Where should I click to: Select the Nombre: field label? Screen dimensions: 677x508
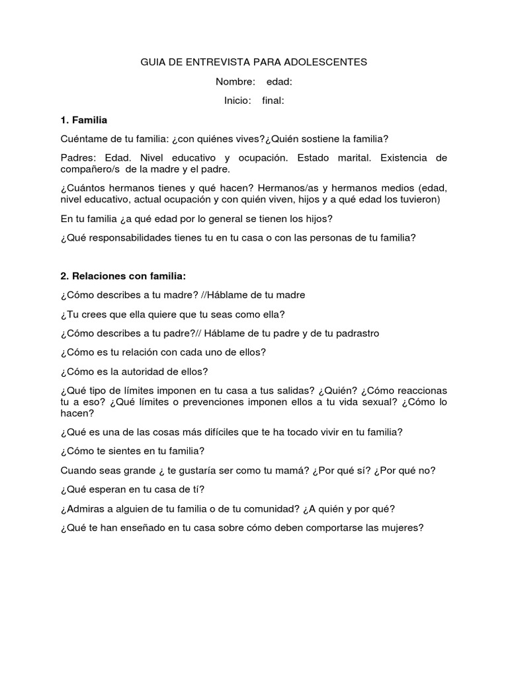[x=235, y=81]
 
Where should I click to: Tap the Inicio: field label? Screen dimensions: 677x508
[x=237, y=100]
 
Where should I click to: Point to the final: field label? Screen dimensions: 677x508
[x=273, y=100]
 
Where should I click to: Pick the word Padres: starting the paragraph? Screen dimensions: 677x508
[x=77, y=158]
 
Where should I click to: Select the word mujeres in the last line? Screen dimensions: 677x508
[x=401, y=528]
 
